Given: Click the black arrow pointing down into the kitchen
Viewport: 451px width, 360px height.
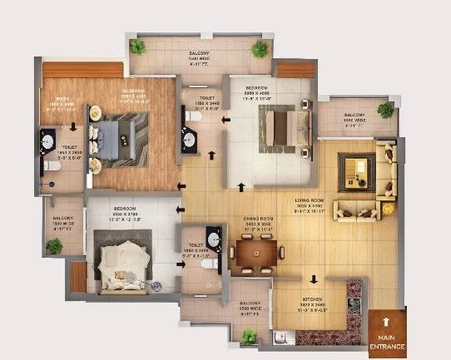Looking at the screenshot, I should (314, 280).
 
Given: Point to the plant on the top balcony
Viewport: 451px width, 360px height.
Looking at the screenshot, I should (260, 49).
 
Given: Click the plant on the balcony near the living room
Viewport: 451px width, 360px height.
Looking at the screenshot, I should (385, 110).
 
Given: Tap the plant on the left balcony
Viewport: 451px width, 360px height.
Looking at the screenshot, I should (54, 246).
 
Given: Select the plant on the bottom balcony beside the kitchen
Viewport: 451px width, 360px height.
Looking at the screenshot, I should (248, 337).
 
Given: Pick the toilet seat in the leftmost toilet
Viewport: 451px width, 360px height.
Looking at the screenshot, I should (50, 166).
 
